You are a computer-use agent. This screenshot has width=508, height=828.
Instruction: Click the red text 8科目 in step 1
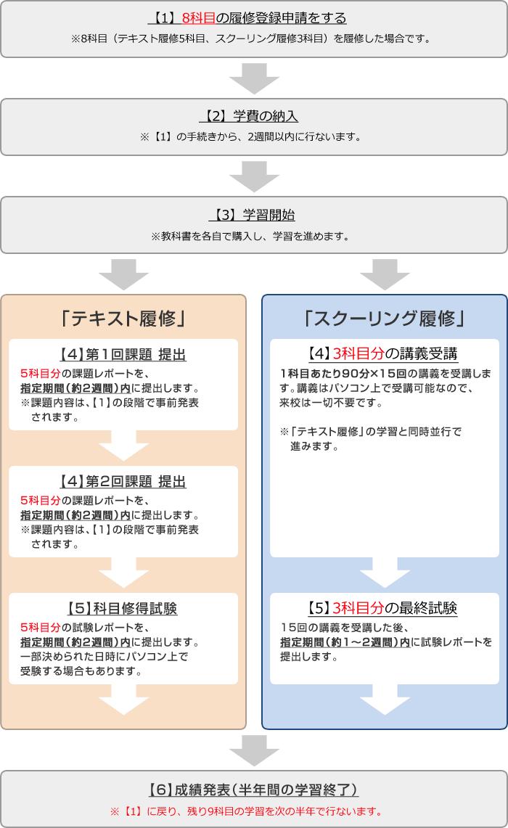tap(198, 17)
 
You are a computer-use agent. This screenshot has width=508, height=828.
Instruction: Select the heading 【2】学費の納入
tap(253, 116)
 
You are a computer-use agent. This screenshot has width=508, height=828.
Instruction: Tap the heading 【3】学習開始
tap(253, 215)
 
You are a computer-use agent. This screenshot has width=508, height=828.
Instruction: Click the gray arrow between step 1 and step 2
tap(254, 78)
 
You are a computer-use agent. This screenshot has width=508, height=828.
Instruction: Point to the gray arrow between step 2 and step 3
tap(254, 176)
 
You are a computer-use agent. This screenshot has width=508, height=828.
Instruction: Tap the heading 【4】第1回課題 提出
tap(123, 355)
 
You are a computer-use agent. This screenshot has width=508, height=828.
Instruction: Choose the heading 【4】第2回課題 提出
tap(123, 482)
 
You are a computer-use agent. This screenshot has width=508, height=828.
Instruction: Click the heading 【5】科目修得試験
tap(123, 609)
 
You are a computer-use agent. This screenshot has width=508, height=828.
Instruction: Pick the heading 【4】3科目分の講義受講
tap(384, 355)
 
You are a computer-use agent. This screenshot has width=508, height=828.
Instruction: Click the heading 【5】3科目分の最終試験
tap(384, 608)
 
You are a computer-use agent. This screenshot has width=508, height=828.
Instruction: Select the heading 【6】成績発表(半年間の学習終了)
tap(253, 790)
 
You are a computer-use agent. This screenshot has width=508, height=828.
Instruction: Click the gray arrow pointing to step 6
tap(254, 750)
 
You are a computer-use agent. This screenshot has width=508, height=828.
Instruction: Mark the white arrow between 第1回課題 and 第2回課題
tap(123, 445)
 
